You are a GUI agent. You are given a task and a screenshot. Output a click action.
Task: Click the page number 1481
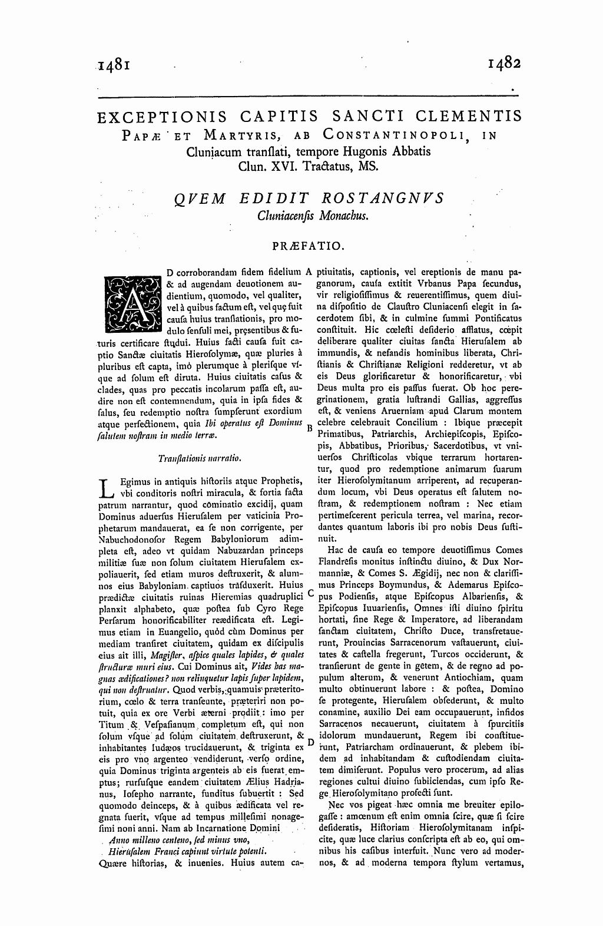pos(114,65)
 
